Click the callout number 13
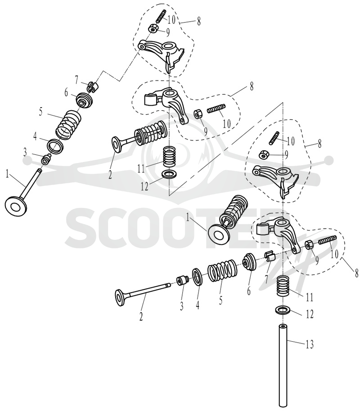[310, 345]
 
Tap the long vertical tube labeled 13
[283, 367]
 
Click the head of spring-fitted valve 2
[117, 144]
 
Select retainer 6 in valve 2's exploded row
[249, 262]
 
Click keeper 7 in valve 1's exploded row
[92, 87]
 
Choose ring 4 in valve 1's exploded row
[55, 145]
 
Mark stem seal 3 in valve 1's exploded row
[46, 159]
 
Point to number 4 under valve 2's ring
[197, 305]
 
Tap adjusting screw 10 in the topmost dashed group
[161, 16]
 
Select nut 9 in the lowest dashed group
[308, 244]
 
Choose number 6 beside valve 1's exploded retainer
[66, 93]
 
